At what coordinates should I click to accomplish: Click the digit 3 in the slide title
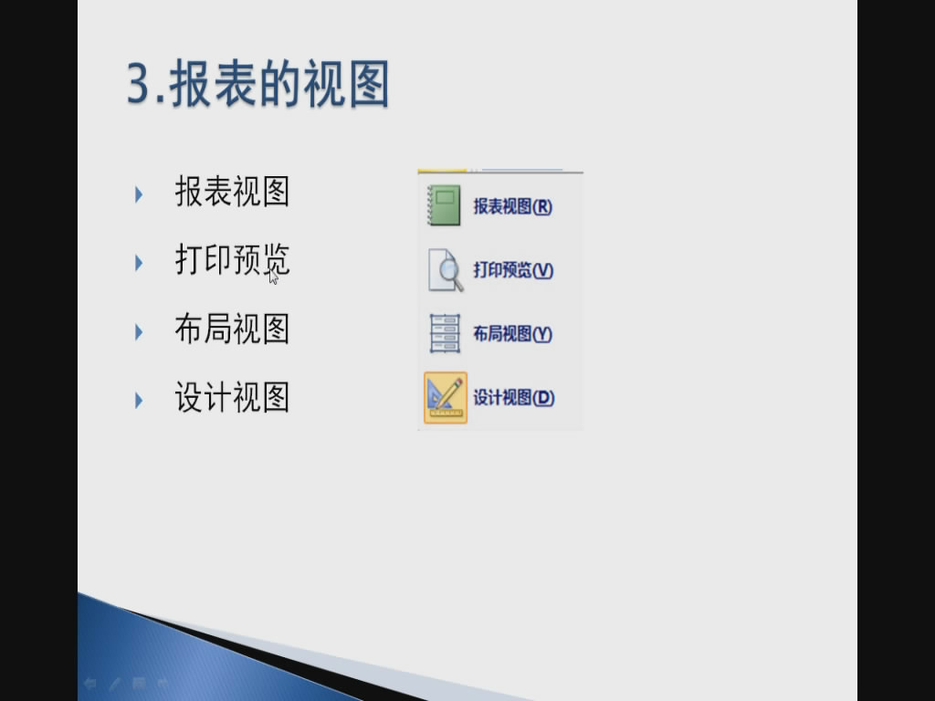[139, 84]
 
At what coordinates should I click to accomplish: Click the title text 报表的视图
[279, 84]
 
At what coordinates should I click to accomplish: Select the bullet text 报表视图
[232, 192]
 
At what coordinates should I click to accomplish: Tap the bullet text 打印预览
[232, 260]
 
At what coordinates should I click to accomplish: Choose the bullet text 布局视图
[232, 329]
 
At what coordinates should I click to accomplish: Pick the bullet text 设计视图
[232, 398]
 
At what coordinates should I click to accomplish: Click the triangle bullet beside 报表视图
[139, 194]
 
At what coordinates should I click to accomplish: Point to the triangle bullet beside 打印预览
[139, 263]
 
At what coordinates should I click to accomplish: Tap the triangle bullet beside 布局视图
[139, 332]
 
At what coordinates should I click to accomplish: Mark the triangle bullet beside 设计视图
[139, 401]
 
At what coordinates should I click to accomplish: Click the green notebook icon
[445, 205]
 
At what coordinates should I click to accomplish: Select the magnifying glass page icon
[446, 270]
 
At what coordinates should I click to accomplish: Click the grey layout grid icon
[445, 334]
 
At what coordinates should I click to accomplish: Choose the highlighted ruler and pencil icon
[446, 398]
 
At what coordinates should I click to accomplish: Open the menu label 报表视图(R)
[513, 206]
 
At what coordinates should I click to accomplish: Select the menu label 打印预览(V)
[513, 270]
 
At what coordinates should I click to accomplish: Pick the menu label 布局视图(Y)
[513, 334]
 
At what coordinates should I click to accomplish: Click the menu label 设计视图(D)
[514, 398]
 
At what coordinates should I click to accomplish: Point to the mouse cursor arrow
[273, 277]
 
